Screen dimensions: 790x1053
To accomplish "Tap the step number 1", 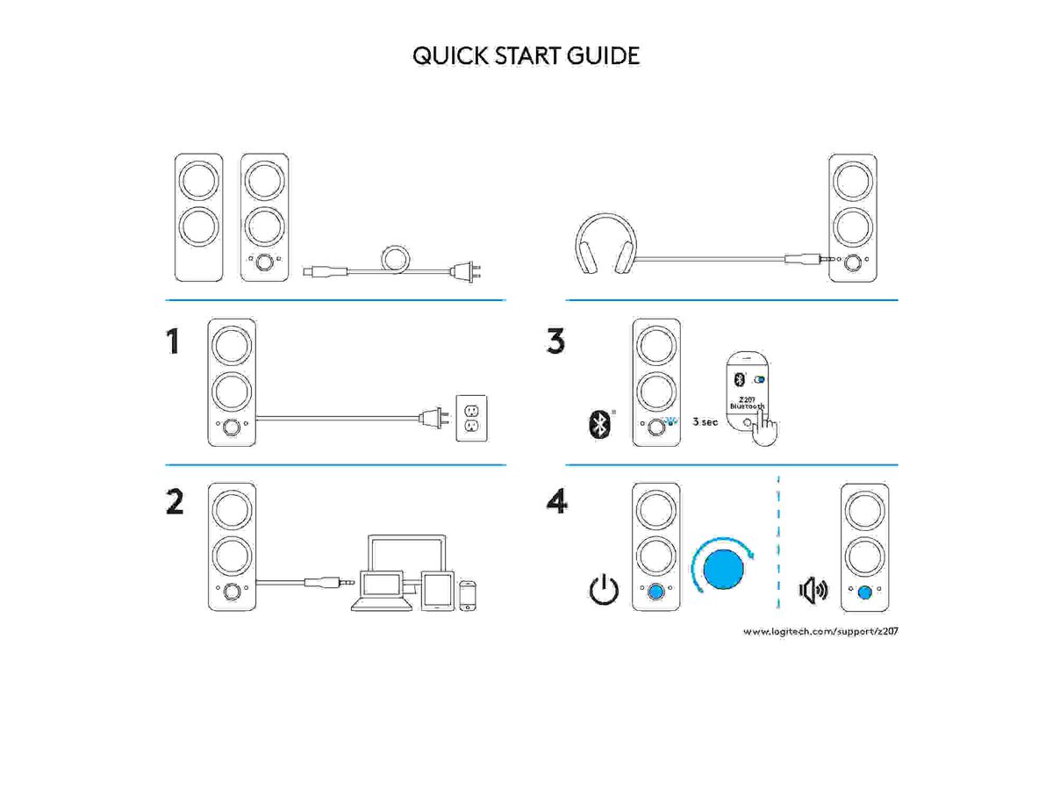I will pyautogui.click(x=175, y=341).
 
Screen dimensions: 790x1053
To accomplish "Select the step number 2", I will pyautogui.click(x=175, y=502).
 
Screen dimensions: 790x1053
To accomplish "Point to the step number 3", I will pyautogui.click(x=555, y=341).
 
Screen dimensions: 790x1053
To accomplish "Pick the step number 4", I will pyautogui.click(x=556, y=502).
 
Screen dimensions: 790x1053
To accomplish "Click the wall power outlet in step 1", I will pyautogui.click(x=473, y=415).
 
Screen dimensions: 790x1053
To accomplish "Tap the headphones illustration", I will pyautogui.click(x=605, y=248).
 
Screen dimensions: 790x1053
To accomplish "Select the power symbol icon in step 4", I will pyautogui.click(x=603, y=591).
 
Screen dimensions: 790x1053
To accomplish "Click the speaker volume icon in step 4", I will pyautogui.click(x=813, y=590).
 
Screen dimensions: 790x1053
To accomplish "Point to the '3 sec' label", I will pyautogui.click(x=704, y=421).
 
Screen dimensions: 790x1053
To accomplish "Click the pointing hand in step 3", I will pyautogui.click(x=766, y=428).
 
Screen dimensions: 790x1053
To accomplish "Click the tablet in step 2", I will pyautogui.click(x=436, y=590).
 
